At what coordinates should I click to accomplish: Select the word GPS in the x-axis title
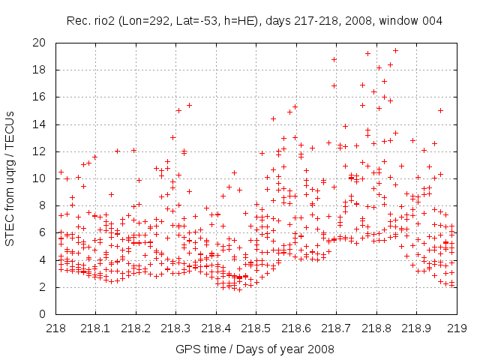pyautogui.click(x=187, y=349)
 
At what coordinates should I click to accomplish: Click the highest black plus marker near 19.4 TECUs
pyautogui.click(x=395, y=51)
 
